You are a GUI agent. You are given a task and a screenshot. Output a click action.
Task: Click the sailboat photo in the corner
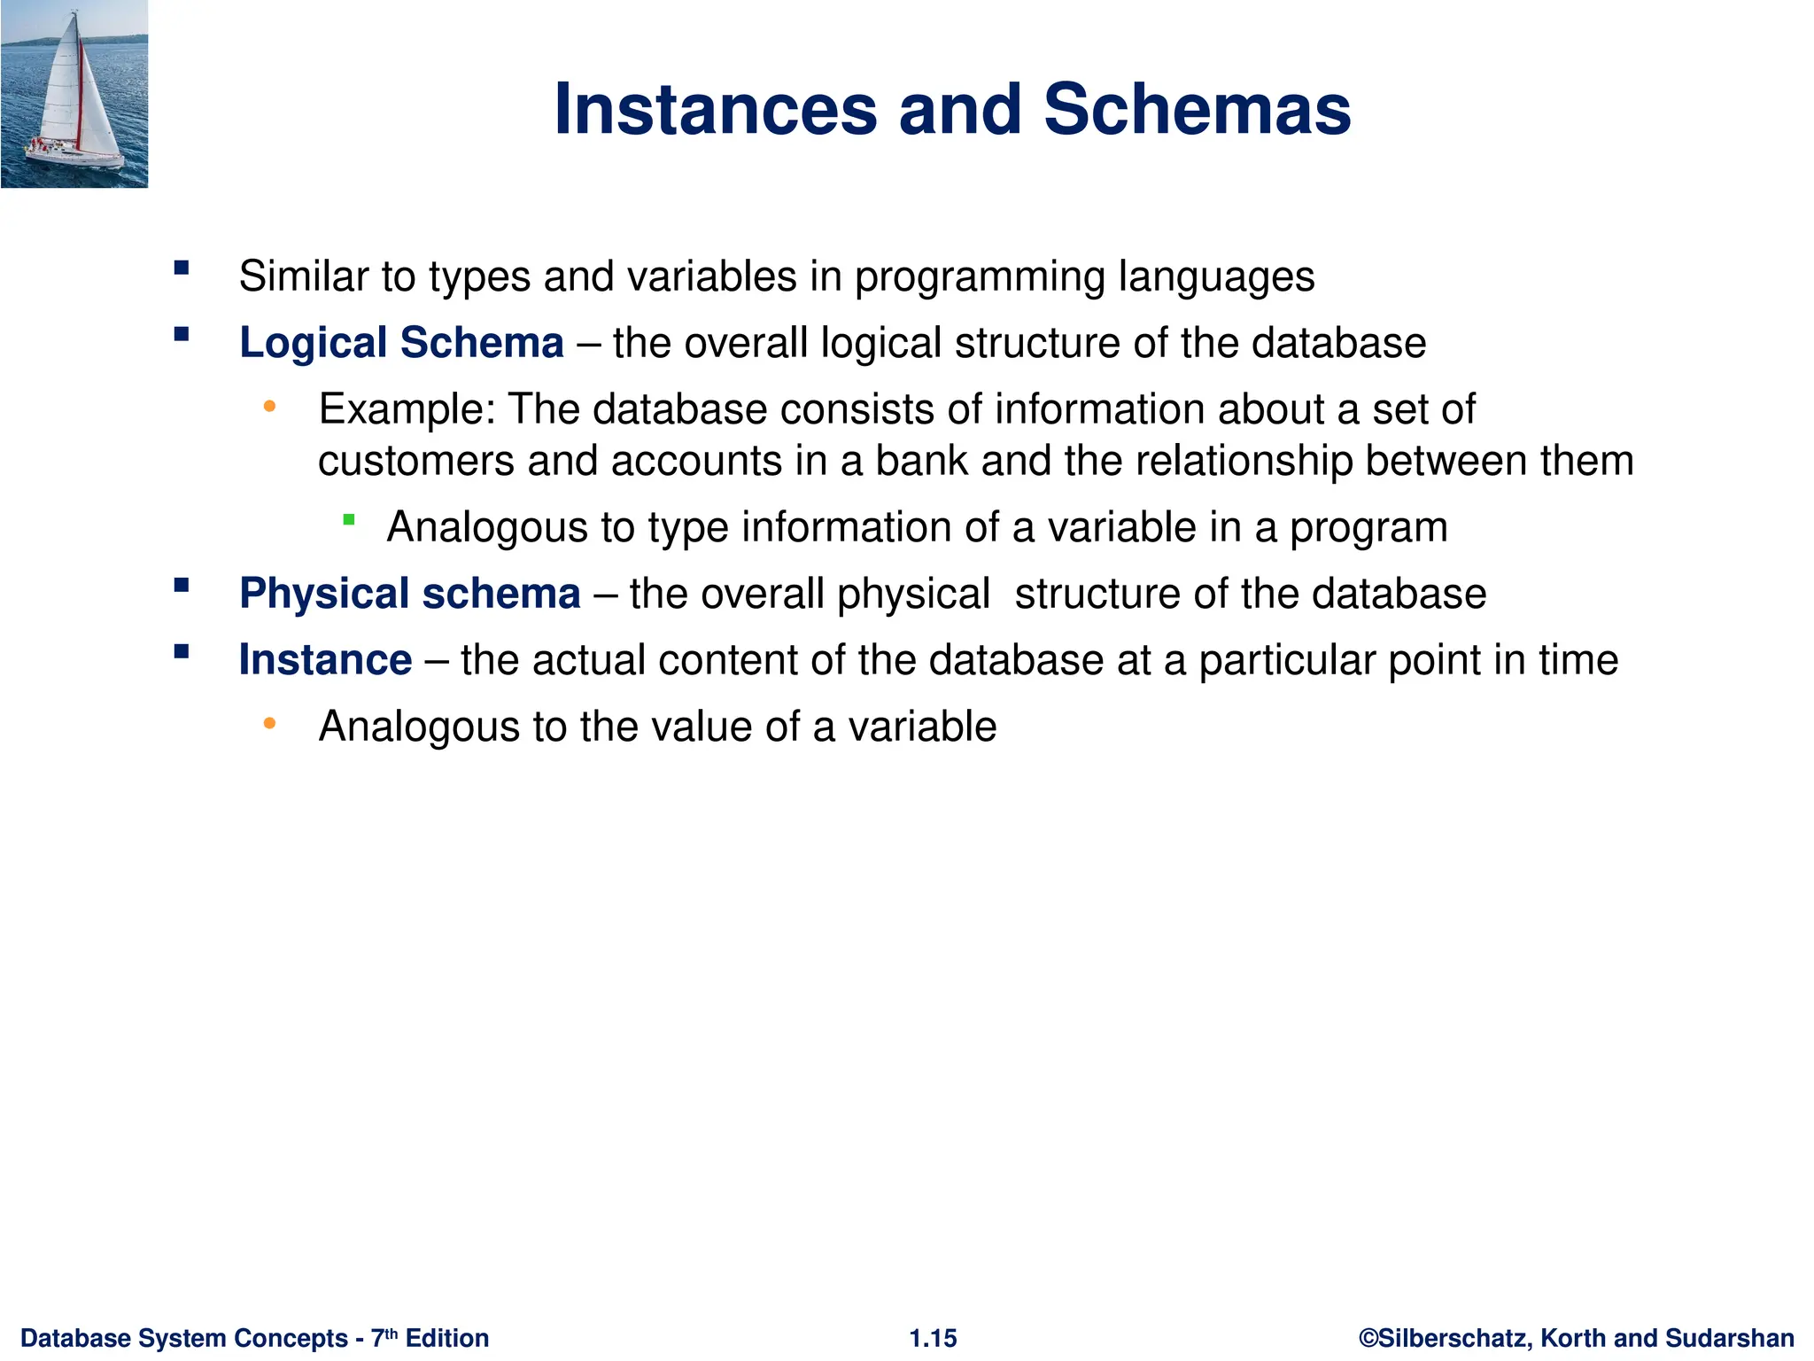(x=74, y=94)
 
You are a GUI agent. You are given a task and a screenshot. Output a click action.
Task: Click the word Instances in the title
(x=716, y=110)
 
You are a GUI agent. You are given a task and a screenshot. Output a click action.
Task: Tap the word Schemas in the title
(x=1197, y=110)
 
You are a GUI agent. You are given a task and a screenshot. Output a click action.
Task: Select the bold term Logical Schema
(x=401, y=343)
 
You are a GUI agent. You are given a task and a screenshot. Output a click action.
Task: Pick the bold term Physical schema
(x=409, y=594)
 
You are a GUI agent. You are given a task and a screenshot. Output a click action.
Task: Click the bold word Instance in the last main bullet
(x=325, y=660)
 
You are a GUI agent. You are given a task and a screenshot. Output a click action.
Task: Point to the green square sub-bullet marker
(x=349, y=520)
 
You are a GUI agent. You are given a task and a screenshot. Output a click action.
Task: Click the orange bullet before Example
(x=270, y=408)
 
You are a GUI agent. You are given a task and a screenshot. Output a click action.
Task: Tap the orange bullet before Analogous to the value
(x=270, y=725)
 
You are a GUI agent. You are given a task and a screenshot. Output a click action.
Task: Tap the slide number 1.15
(x=933, y=1338)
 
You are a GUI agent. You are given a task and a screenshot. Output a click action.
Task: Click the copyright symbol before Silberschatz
(x=1368, y=1338)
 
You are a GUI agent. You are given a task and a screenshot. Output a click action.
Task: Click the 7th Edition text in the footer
(x=430, y=1338)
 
